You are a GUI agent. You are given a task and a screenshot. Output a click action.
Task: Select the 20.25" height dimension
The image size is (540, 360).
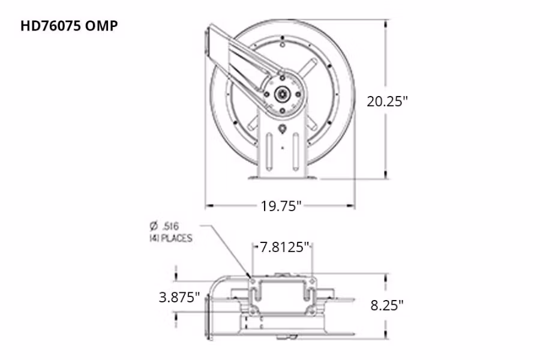click(387, 101)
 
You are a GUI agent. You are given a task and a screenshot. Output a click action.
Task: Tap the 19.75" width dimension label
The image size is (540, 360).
click(280, 206)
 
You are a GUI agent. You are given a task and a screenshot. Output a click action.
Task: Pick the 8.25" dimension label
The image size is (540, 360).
click(386, 304)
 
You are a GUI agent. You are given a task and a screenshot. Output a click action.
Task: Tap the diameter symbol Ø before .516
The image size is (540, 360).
click(154, 226)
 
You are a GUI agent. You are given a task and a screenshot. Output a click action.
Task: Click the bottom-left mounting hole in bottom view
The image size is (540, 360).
click(253, 311)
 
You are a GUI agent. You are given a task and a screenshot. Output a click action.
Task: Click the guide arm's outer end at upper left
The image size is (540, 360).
click(212, 42)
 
